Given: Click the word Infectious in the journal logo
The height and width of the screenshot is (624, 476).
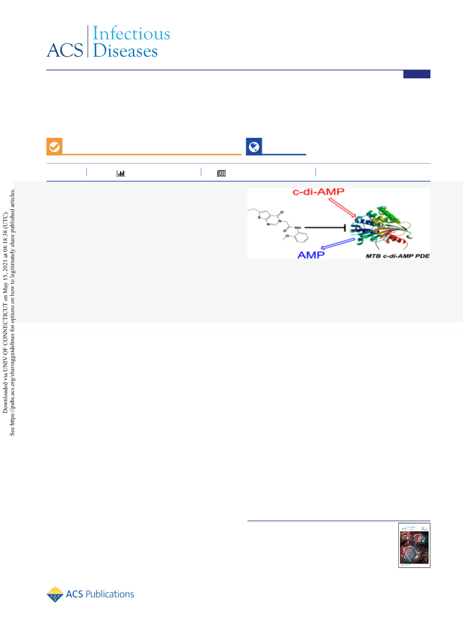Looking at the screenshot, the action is (x=131, y=33).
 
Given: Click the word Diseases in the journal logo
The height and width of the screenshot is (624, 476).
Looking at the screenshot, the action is (x=125, y=51).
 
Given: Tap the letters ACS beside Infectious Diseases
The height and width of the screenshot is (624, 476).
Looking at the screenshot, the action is (x=65, y=50).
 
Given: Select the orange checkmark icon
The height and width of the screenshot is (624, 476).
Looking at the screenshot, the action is (x=54, y=147).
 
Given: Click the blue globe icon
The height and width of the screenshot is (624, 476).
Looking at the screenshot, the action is (x=254, y=147).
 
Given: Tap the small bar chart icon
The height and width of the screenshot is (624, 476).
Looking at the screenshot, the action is (x=121, y=173).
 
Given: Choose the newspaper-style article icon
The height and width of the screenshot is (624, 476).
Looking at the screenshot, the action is (x=222, y=173).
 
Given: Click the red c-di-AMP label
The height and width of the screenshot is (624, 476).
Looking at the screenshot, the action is (x=318, y=192).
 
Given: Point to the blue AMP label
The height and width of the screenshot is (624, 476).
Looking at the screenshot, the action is (x=311, y=255).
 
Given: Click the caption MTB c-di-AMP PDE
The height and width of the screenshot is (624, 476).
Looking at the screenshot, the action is (x=398, y=256).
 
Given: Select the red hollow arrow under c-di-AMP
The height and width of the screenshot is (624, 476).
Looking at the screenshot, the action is (x=343, y=208).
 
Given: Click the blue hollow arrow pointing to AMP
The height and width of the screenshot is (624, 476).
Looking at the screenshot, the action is (x=338, y=244).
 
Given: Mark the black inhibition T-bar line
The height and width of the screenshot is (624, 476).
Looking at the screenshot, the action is (x=325, y=228).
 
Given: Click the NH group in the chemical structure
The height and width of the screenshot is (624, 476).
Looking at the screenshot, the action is (x=298, y=228).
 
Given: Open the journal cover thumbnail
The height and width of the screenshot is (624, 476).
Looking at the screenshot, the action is (x=414, y=545).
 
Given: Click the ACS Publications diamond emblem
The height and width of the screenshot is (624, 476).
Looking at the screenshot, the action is (x=55, y=594).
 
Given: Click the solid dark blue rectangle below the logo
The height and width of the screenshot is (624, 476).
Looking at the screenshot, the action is (x=417, y=74).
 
